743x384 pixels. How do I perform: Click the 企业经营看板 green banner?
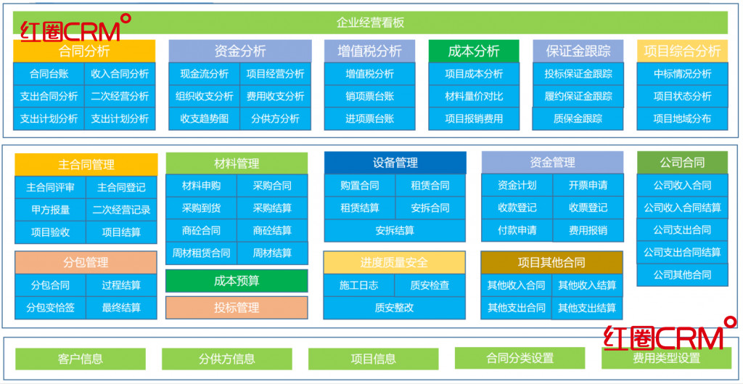tap(371, 23)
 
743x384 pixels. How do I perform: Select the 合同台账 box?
tap(49, 73)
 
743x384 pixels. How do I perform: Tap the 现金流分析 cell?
tap(204, 73)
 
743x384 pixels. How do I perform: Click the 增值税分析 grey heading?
tap(369, 51)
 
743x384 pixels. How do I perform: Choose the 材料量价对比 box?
tap(473, 96)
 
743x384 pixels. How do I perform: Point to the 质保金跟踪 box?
tap(578, 118)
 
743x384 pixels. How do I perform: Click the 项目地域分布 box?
tap(681, 118)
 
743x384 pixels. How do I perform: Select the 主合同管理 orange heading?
tap(86, 164)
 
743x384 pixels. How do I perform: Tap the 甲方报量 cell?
tap(50, 210)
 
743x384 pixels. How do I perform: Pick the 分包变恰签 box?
tap(50, 308)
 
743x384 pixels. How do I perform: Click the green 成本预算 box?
tap(237, 281)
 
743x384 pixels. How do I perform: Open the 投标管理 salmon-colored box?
tap(237, 308)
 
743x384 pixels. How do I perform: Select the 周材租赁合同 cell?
tap(201, 253)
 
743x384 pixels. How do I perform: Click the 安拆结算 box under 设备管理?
tap(395, 230)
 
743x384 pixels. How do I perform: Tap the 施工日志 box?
tap(358, 285)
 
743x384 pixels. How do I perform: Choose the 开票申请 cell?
tap(588, 185)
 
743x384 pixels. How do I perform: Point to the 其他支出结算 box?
tap(587, 308)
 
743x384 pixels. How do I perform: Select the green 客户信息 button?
tap(80, 359)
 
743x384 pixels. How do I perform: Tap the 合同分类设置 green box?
tap(520, 358)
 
